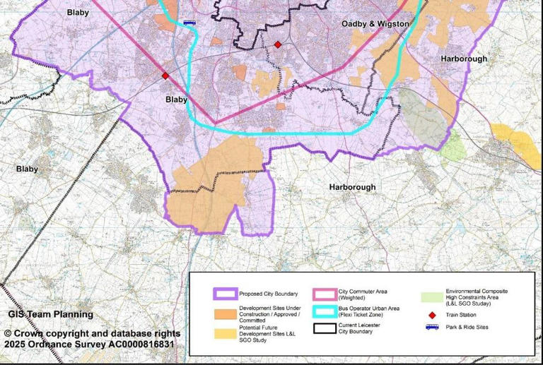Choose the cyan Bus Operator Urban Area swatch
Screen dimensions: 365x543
(324, 311)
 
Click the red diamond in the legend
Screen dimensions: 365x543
(431, 314)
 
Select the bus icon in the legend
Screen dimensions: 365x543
(431, 327)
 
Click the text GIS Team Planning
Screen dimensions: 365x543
(50, 314)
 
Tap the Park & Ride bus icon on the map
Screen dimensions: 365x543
(189, 23)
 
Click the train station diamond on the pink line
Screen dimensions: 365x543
(165, 76)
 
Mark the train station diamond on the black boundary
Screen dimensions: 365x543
(278, 44)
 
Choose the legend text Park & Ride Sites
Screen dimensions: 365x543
(472, 327)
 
